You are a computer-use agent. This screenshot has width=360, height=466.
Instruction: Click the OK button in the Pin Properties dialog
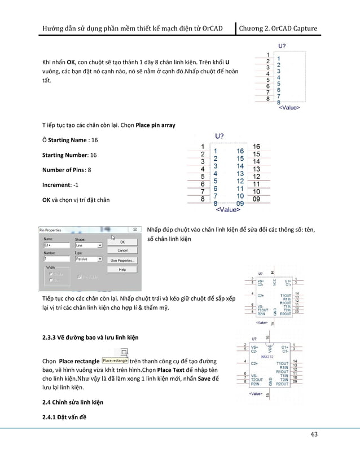[x=122, y=241]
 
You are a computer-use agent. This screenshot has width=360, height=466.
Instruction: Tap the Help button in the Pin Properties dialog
[x=122, y=270]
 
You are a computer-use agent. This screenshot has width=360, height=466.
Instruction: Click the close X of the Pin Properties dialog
[x=134, y=230]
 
